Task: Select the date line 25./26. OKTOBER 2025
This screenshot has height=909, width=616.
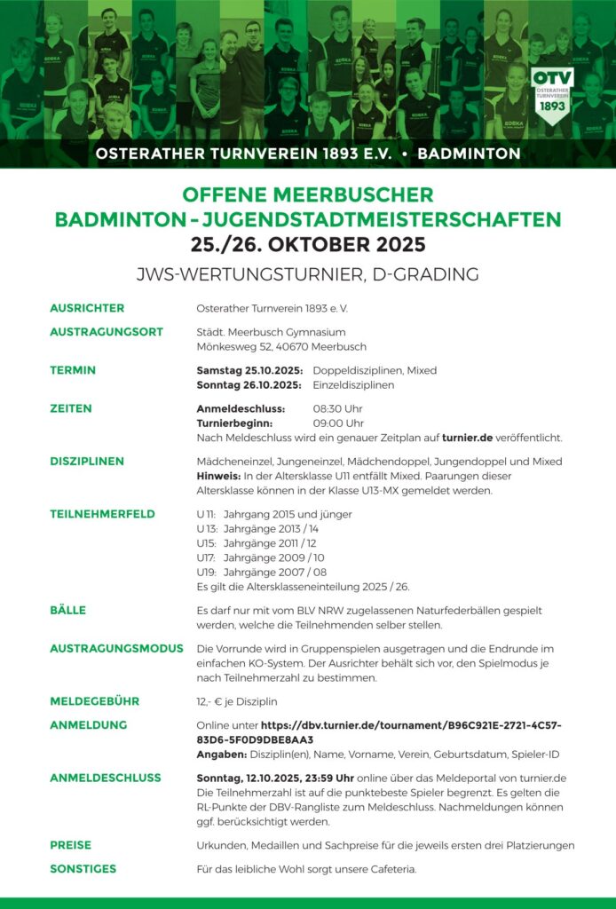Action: (x=308, y=243)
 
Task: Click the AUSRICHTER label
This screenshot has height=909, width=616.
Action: (x=87, y=308)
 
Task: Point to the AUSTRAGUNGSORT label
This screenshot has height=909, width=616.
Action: (x=107, y=331)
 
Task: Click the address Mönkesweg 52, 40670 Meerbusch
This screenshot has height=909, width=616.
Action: (x=280, y=347)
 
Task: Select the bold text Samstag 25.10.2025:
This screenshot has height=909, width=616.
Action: (x=249, y=370)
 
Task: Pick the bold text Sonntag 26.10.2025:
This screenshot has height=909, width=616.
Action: (x=249, y=385)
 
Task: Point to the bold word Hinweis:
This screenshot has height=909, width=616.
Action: (x=218, y=477)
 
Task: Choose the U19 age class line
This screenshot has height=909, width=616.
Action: (x=256, y=572)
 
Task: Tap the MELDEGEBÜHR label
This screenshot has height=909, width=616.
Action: (x=94, y=700)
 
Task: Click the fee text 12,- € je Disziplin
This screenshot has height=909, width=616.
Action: (x=237, y=701)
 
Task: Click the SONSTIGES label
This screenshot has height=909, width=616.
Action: (x=83, y=869)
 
